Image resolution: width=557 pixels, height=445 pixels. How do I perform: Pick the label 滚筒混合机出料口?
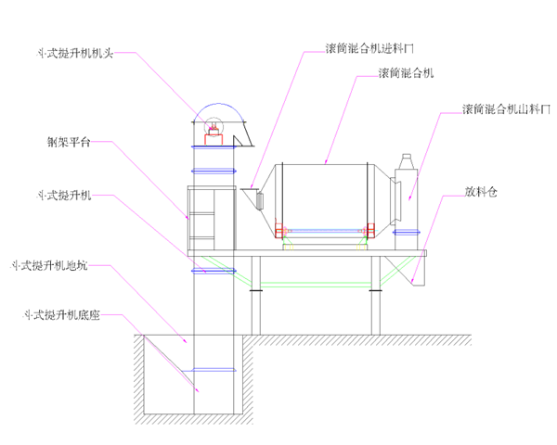(x=504, y=109)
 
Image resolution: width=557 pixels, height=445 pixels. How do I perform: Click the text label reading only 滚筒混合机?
(x=407, y=71)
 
